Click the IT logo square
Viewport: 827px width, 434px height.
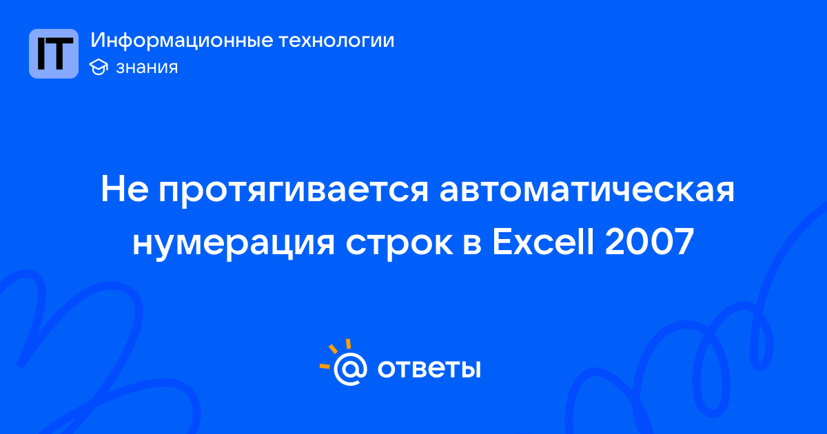[54, 54]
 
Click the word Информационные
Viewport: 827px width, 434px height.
[182, 41]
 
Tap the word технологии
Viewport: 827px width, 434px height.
[336, 41]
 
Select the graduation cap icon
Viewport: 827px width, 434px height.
[99, 68]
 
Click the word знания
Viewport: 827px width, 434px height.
[147, 68]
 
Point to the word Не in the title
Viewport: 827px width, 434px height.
[125, 189]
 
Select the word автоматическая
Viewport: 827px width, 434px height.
[587, 189]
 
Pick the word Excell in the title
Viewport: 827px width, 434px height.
[544, 241]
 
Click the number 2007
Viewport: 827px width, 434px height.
[650, 241]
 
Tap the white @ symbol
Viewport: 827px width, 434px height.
[350, 369]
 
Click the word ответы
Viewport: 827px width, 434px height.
[429, 369]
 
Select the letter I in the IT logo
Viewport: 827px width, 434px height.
[41, 54]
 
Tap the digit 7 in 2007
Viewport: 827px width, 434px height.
[684, 241]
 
